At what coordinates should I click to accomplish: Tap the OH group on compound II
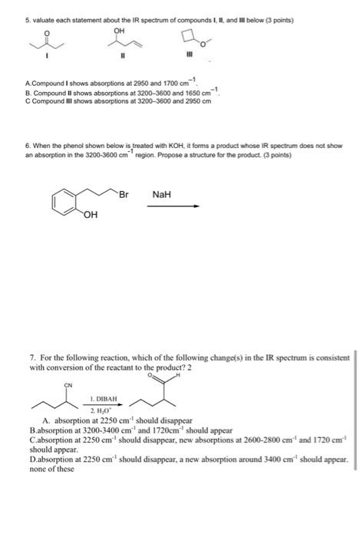pos(119,31)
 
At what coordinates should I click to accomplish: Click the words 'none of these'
pos(51,469)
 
